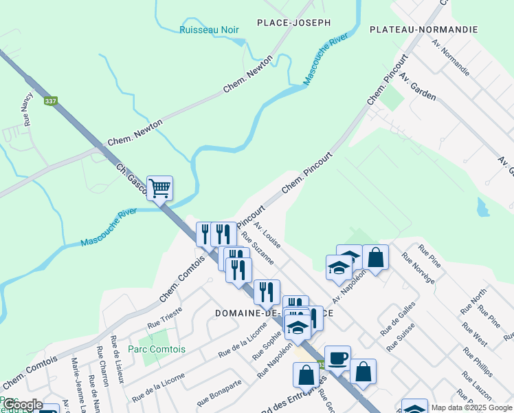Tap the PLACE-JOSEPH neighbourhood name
pos(293,23)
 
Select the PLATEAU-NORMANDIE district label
pos(423,30)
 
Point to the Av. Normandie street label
pos(451,57)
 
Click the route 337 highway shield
pos(50,101)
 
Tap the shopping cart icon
pos(159,187)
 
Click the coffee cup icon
pos(337,358)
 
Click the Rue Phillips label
pos(478,361)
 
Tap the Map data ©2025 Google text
pos(471,407)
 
